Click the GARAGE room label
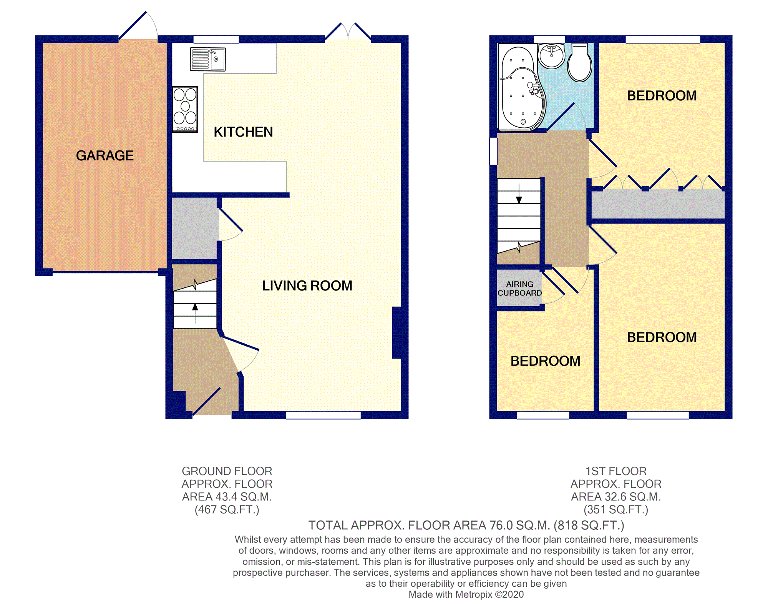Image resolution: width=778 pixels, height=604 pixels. click(105, 155)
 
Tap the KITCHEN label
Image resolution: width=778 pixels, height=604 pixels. click(243, 132)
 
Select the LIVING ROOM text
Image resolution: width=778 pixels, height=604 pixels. click(307, 285)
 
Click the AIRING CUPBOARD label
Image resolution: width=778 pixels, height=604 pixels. click(519, 289)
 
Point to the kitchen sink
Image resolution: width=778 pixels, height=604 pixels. click(208, 59)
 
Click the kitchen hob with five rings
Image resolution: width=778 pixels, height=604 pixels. click(185, 109)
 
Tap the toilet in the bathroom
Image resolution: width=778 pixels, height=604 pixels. click(579, 63)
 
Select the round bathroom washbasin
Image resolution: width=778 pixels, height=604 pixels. click(551, 56)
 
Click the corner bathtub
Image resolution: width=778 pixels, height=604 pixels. click(521, 87)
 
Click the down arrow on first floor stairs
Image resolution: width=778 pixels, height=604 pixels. click(519, 194)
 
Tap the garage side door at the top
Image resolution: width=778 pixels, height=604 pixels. click(138, 25)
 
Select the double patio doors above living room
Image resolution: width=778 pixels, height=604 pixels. click(348, 31)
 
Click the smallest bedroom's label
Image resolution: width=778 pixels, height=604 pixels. click(545, 361)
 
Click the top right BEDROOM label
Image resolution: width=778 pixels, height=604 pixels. click(662, 95)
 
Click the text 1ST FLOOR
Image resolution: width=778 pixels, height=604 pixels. click(616, 471)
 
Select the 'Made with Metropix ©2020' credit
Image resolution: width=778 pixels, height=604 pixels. click(466, 594)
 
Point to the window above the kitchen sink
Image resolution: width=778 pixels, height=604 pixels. click(216, 39)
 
